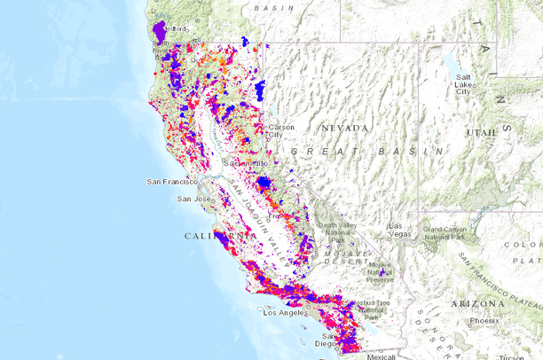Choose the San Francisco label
tap(171, 182)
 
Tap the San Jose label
tap(193, 199)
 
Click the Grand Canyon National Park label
tap(446, 232)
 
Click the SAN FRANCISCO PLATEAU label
tap(501, 274)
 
